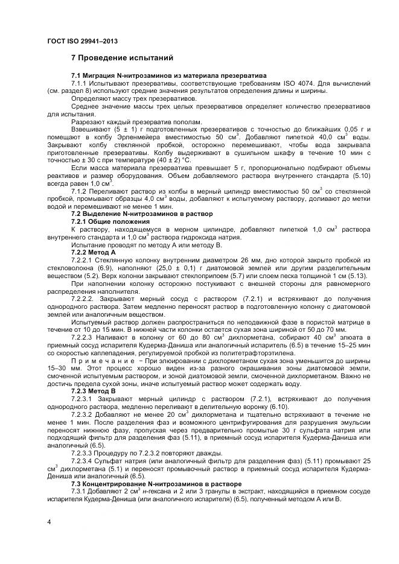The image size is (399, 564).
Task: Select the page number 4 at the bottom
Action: click(49, 521)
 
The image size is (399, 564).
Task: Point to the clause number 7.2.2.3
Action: click(84, 337)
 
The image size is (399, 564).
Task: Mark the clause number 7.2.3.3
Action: click(84, 452)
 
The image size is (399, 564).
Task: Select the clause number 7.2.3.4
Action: click(84, 460)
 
